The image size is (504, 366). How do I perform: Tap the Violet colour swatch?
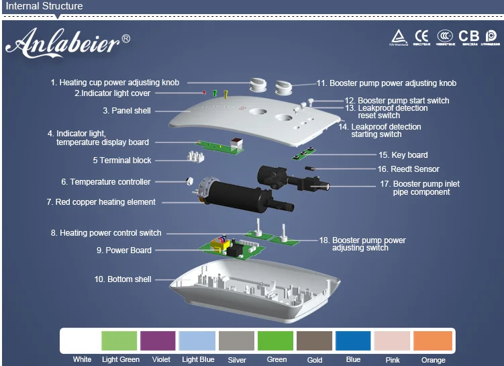tap(158, 340)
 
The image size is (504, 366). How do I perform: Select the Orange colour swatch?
tap(434, 340)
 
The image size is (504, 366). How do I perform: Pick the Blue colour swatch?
tap(353, 340)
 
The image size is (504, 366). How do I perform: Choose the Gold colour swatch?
tap(314, 340)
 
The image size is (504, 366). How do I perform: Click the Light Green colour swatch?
tap(119, 340)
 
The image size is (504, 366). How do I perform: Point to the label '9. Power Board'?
tap(124, 250)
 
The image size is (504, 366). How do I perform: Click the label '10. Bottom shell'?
tap(123, 279)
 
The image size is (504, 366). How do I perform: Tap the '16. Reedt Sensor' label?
tap(409, 169)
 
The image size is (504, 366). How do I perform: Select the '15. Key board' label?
tap(403, 155)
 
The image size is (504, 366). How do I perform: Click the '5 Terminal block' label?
tap(122, 161)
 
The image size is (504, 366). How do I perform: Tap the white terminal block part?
tap(197, 156)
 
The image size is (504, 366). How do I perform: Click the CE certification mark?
tap(421, 36)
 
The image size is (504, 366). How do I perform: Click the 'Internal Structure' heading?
tap(44, 7)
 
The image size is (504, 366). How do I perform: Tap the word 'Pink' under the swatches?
tap(393, 360)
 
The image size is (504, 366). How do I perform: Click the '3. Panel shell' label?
tap(127, 111)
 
